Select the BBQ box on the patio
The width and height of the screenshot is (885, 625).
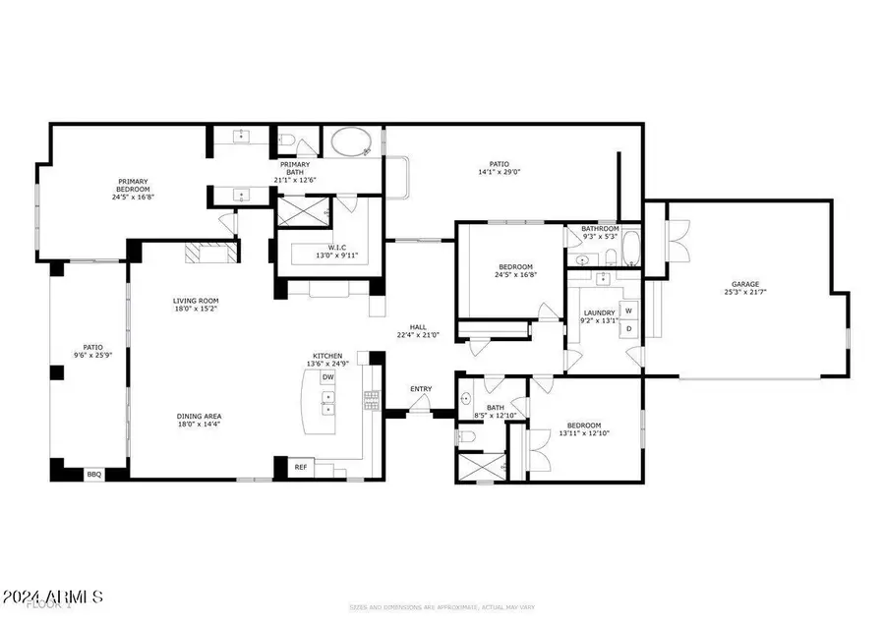coord(94,474)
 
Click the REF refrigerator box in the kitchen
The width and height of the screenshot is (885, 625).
coord(301,467)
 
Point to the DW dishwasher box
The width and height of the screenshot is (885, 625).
coord(328,377)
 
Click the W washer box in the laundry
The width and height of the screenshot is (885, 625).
coord(629,311)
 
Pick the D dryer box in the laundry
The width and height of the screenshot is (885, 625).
coord(629,329)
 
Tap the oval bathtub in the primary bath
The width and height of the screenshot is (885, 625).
coord(347,144)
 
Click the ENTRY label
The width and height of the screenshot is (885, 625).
coord(421,389)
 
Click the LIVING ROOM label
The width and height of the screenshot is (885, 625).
coord(196,301)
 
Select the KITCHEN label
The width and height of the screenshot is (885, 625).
coord(327,356)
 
